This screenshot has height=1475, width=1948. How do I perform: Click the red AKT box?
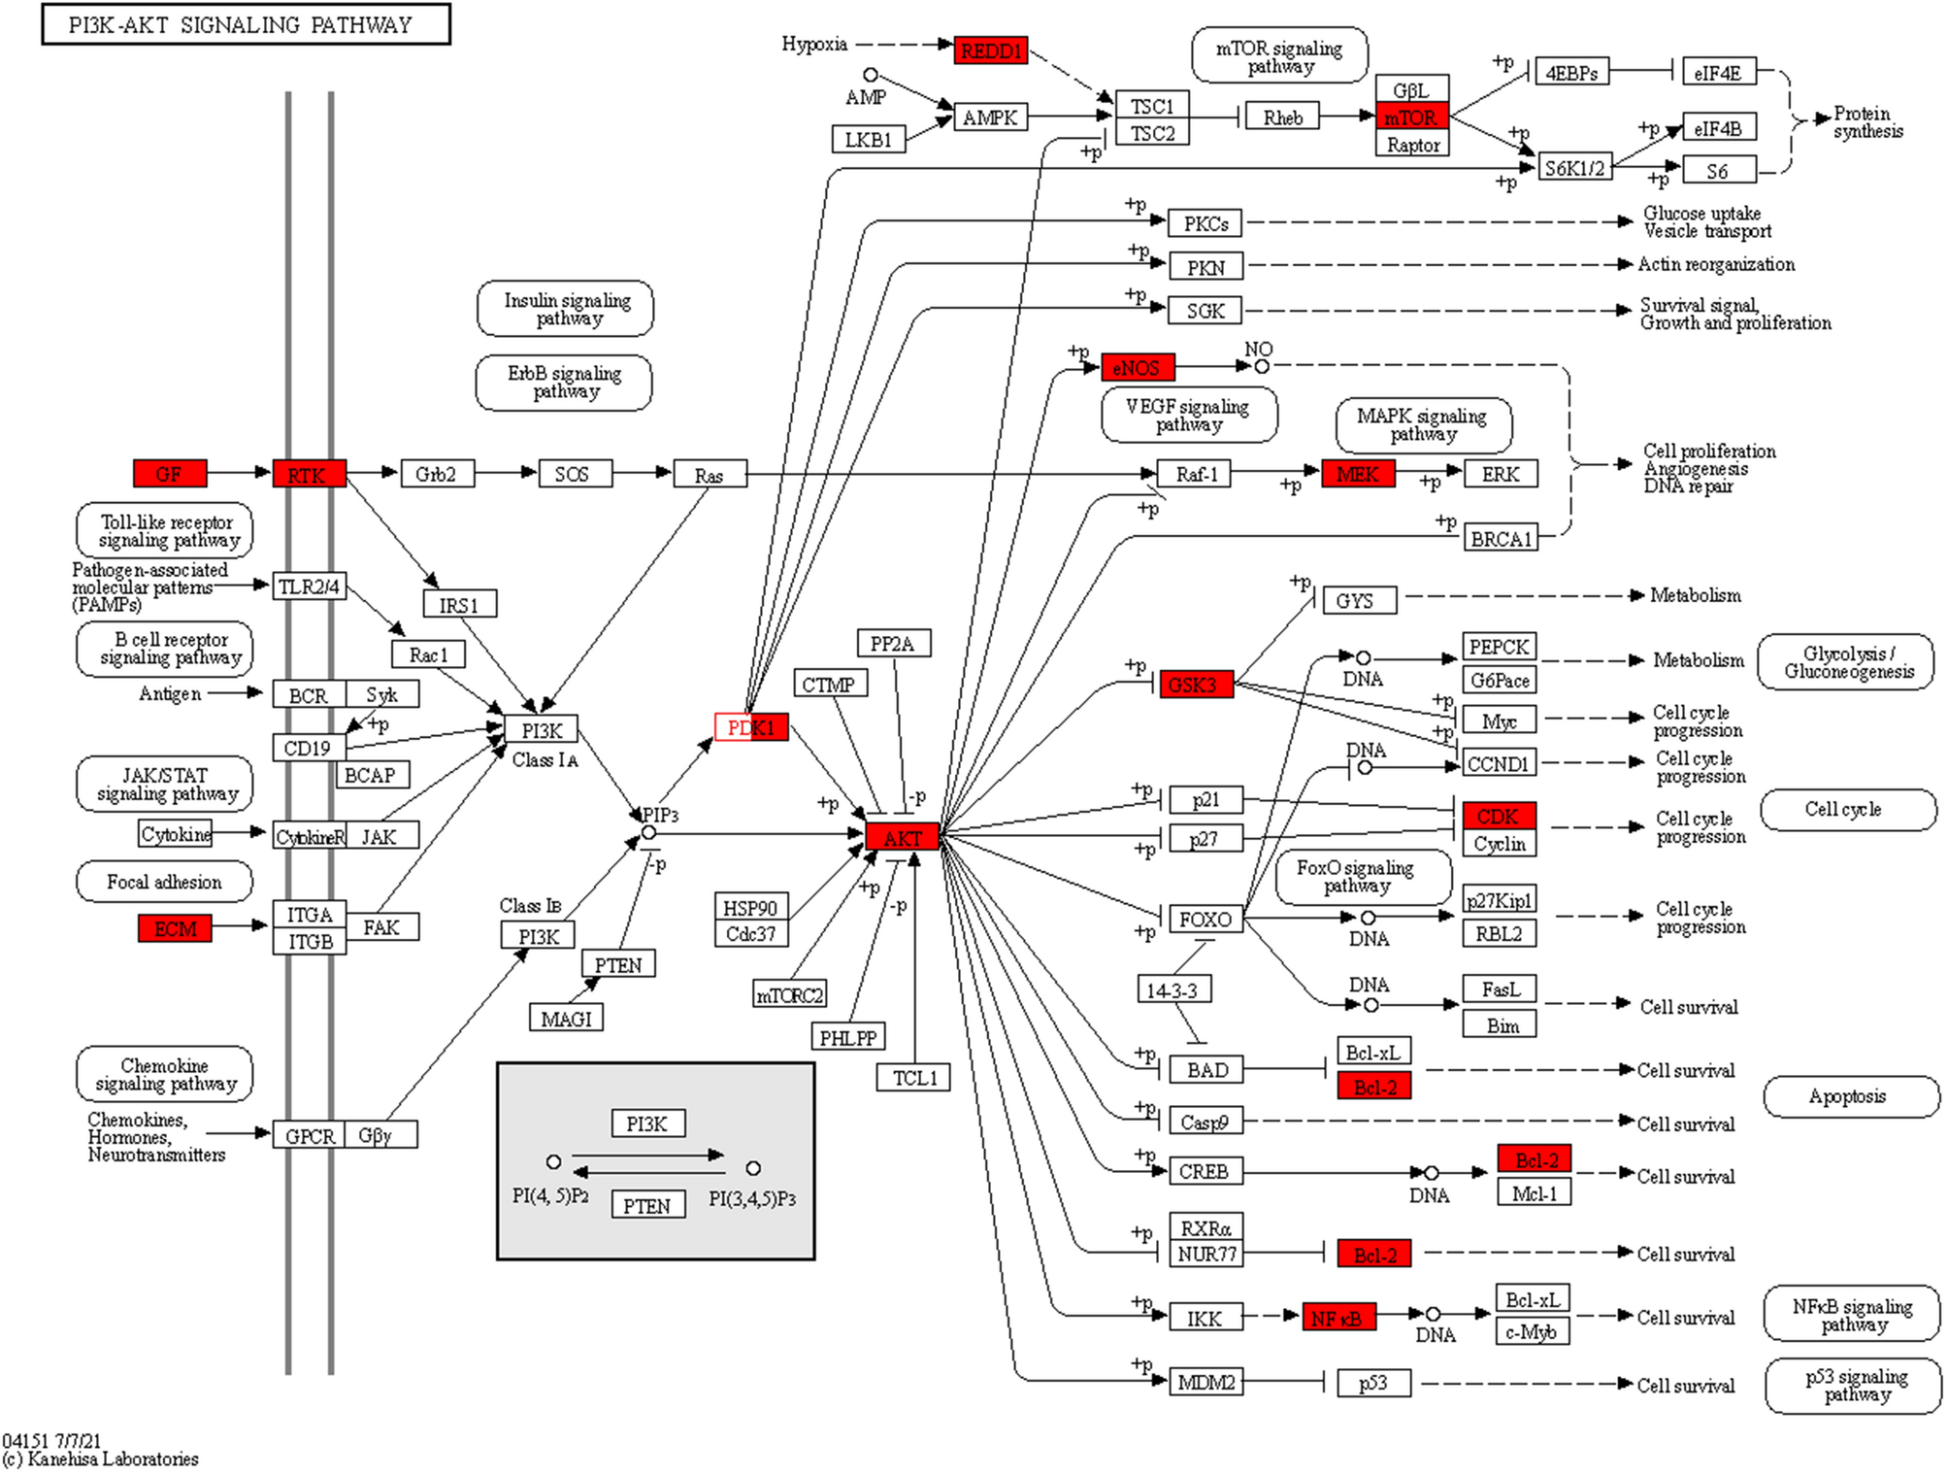tap(902, 837)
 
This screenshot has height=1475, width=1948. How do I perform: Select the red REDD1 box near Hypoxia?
tap(990, 50)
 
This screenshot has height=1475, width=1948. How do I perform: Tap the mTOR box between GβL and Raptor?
tap(1410, 117)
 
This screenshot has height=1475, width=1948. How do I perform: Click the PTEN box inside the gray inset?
tap(646, 1205)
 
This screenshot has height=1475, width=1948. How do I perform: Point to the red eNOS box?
tap(1137, 367)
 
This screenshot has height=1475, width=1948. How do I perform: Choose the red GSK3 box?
tap(1194, 685)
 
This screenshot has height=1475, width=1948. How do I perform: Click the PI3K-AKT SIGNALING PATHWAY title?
tap(246, 24)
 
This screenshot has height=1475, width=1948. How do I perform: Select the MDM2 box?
tap(1205, 1382)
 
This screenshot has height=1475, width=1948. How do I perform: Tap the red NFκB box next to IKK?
tap(1337, 1318)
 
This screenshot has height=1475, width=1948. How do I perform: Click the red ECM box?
tap(175, 928)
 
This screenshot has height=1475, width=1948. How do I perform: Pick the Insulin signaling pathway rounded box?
tap(566, 309)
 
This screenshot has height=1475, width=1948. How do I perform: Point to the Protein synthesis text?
tap(1866, 122)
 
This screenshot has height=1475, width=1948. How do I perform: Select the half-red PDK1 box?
tap(751, 727)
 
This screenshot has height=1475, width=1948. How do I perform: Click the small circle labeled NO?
tap(1261, 366)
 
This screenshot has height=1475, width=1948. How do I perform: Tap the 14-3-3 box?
tap(1172, 989)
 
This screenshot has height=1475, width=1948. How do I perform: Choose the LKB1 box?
tap(868, 140)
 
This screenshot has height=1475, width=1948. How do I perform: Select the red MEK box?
tap(1357, 474)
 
